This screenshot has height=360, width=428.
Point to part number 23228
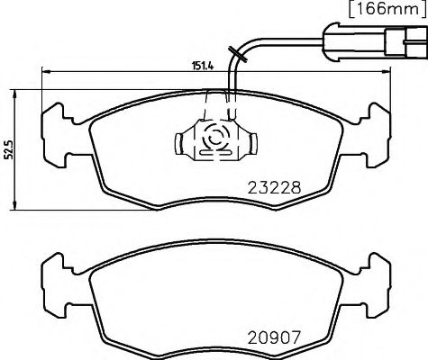pos(274,189)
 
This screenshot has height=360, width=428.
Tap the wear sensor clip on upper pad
pos(214,139)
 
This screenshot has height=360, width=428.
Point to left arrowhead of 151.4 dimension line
pos(43,72)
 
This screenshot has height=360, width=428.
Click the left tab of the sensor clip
pos(178,139)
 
